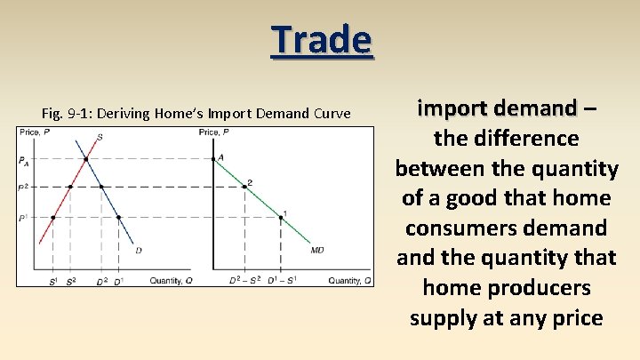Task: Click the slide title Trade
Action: click(322, 39)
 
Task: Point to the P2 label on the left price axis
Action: click(22, 187)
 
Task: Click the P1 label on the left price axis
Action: click(22, 217)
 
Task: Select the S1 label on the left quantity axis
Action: click(53, 281)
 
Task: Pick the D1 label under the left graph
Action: click(118, 281)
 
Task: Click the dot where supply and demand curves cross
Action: click(85, 160)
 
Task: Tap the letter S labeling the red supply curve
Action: click(99, 137)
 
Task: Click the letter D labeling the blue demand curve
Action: click(138, 251)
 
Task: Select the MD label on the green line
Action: click(316, 250)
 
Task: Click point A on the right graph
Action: click(215, 159)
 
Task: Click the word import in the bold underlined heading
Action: click(450, 108)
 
